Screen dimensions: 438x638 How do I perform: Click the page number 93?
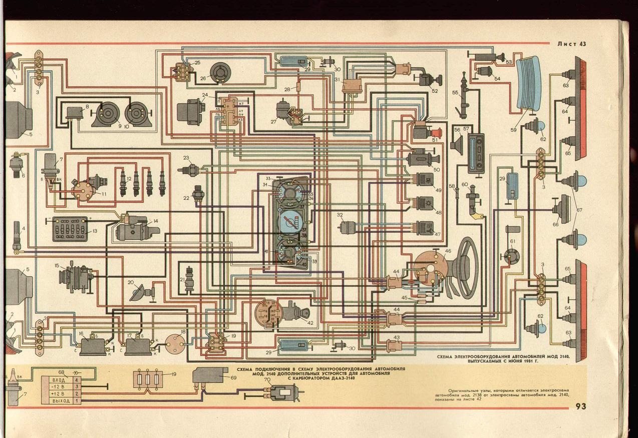click(x=580, y=406)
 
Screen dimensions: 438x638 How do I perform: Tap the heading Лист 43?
click(x=571, y=44)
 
